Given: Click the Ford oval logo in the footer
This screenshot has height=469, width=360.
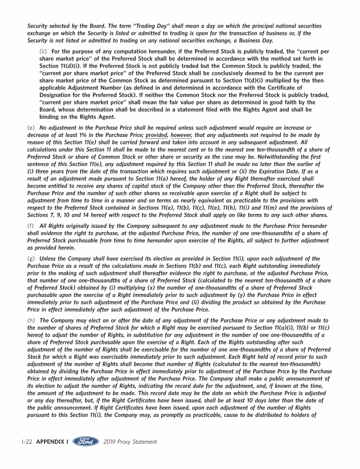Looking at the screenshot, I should [86, 441].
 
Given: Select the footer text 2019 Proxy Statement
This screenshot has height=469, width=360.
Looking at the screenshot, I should [130, 442].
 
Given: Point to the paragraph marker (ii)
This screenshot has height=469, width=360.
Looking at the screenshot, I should [44, 51].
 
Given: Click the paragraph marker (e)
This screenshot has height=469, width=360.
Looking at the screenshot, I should [31, 128].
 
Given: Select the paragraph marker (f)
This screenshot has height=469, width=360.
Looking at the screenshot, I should [31, 226].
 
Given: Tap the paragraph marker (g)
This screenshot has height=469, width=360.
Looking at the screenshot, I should [31, 258].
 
